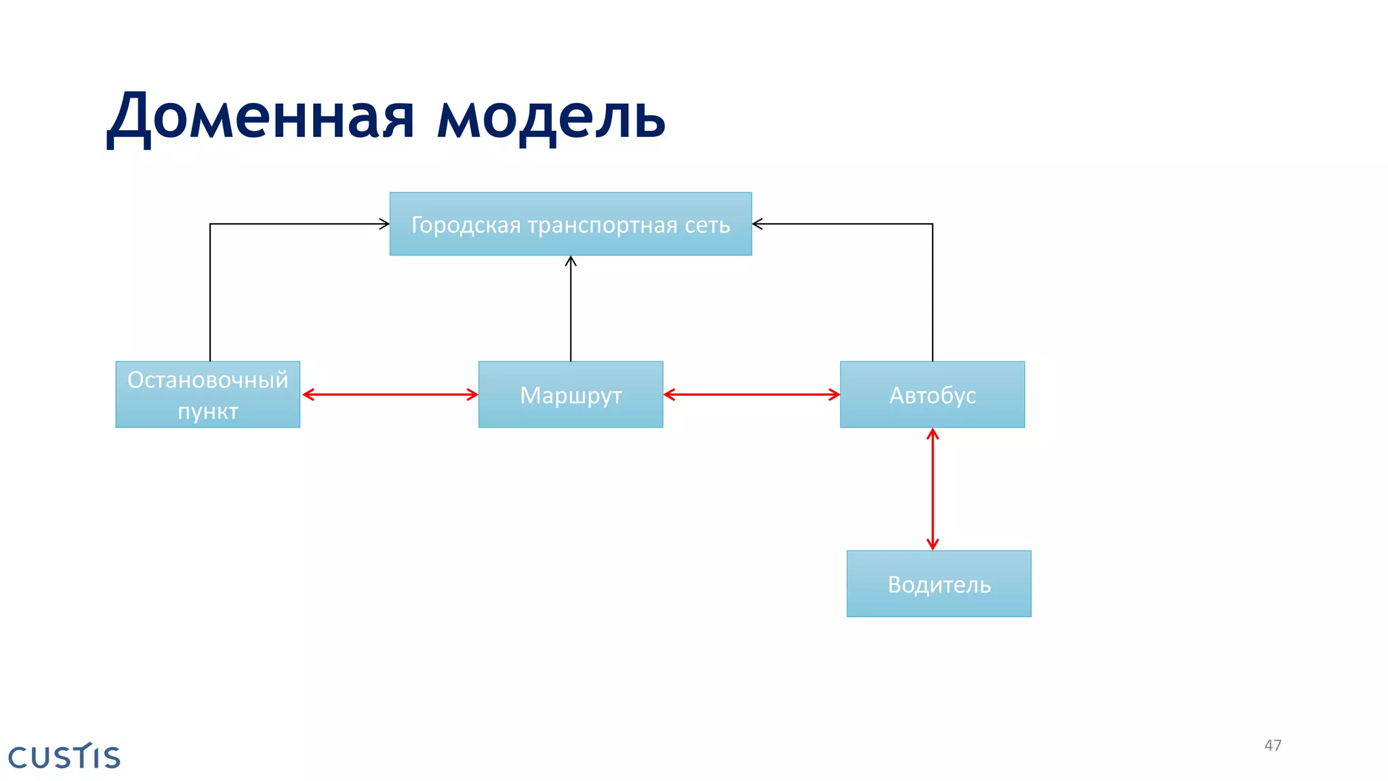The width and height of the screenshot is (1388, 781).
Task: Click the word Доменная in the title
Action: tap(261, 117)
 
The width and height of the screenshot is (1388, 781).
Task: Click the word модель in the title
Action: tap(550, 117)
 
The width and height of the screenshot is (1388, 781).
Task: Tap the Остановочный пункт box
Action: tap(207, 395)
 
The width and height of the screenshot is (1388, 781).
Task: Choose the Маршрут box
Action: tap(571, 395)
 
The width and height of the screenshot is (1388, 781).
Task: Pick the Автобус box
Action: tap(933, 395)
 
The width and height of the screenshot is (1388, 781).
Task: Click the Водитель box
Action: tap(939, 584)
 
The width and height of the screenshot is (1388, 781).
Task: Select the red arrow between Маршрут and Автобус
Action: tap(752, 395)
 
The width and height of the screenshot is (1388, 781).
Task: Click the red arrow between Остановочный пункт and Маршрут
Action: tap(390, 395)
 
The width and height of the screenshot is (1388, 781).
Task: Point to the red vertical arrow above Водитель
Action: tap(933, 489)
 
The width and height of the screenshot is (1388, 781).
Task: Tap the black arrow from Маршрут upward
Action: tap(571, 308)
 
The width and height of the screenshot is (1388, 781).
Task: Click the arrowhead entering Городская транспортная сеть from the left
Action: tap(384, 224)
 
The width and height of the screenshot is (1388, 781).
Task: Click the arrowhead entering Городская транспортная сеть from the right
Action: tap(758, 224)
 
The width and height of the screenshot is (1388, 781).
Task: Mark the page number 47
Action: tap(1273, 745)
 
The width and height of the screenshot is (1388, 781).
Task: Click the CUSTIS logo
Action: tap(64, 757)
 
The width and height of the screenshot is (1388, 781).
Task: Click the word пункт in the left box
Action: tap(207, 411)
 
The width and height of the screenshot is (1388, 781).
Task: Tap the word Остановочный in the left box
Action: tap(207, 380)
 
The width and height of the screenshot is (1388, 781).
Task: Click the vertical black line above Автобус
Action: tap(933, 292)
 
